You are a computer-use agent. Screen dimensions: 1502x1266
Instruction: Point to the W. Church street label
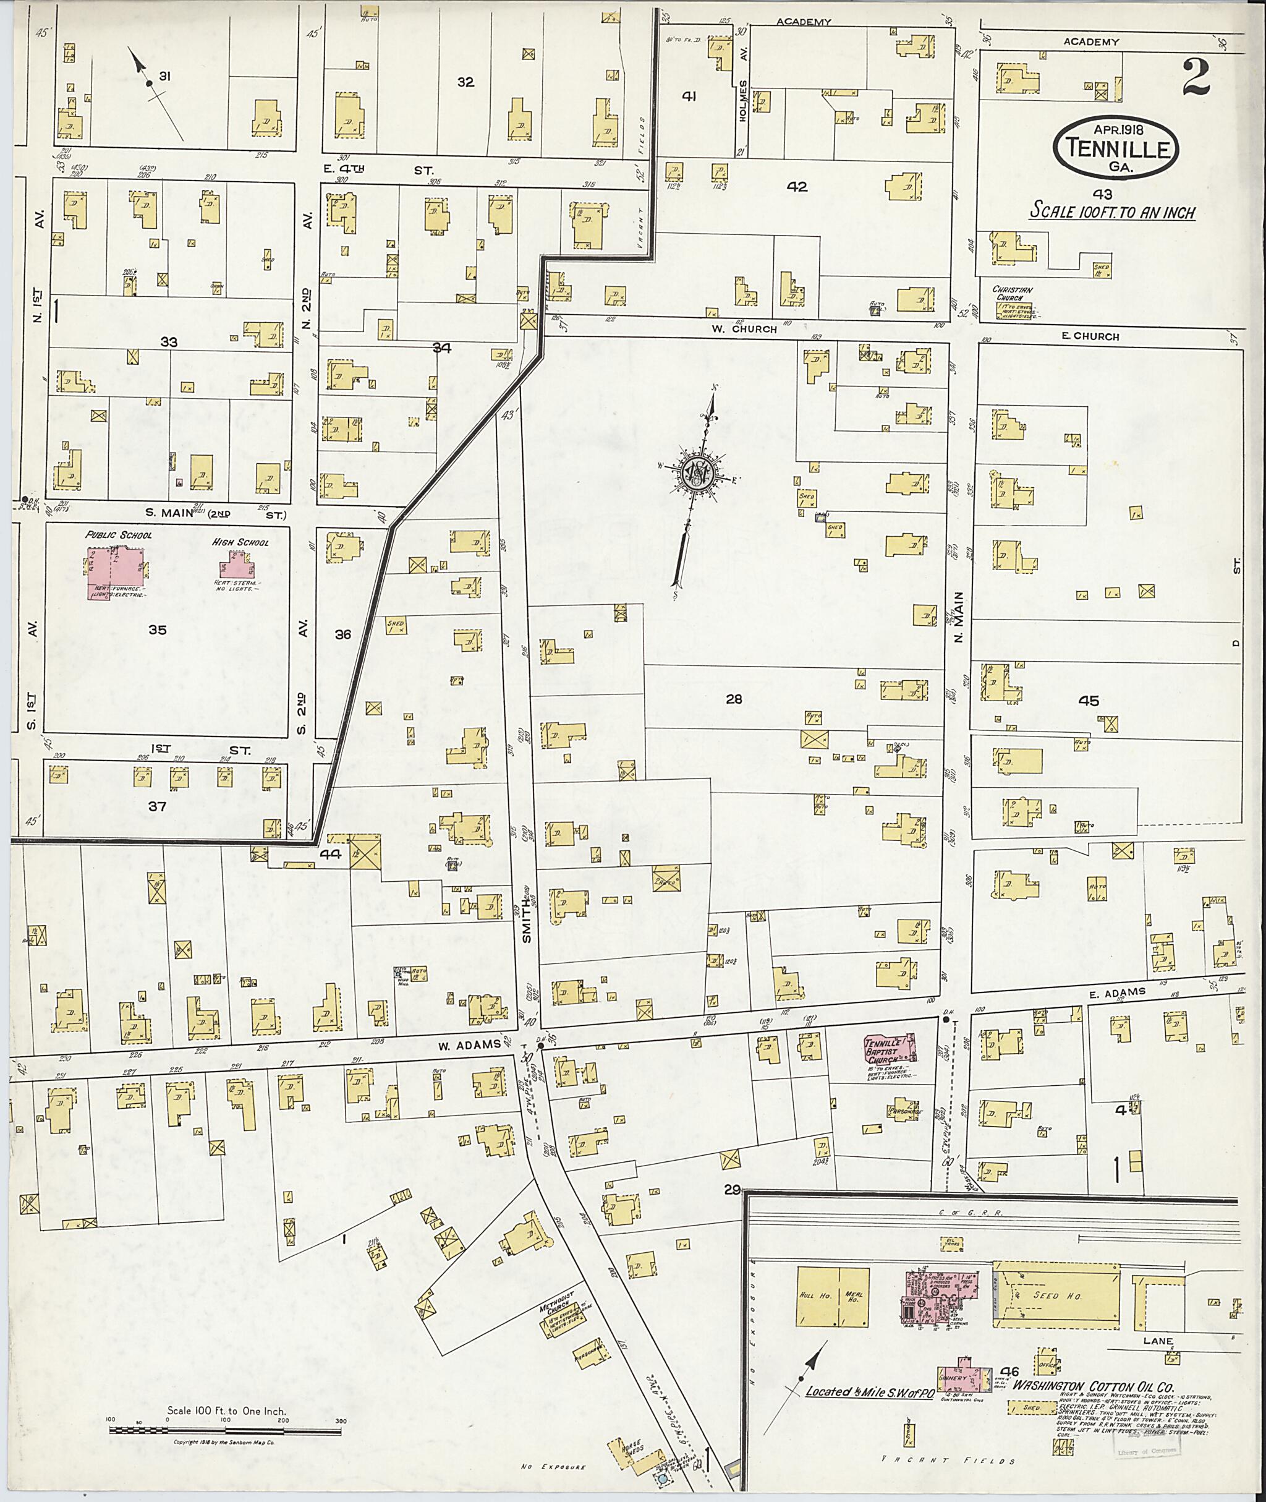[754, 330]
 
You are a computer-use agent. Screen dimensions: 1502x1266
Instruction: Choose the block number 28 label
[734, 699]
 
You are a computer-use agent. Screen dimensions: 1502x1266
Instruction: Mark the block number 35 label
[157, 629]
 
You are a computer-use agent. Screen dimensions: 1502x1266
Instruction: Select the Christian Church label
[1012, 294]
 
